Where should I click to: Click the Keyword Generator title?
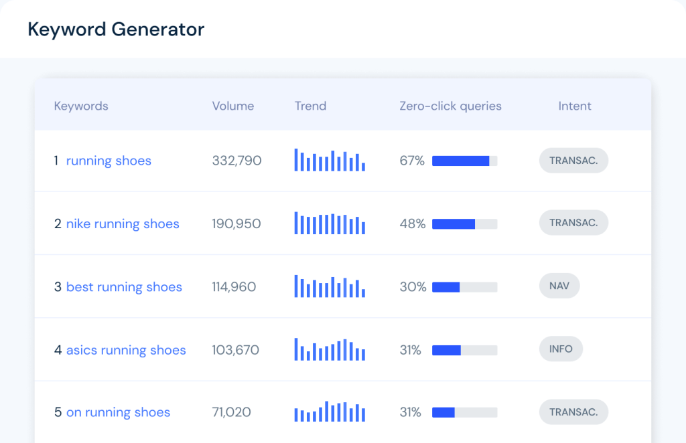pyautogui.click(x=116, y=29)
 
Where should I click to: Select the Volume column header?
pyautogui.click(x=233, y=106)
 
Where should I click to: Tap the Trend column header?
pyautogui.click(x=310, y=106)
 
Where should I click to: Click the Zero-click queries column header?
pyautogui.click(x=450, y=106)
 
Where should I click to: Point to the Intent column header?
pyautogui.click(x=575, y=106)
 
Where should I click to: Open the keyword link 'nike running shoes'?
pyautogui.click(x=123, y=224)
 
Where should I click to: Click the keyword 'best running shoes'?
pyautogui.click(x=124, y=287)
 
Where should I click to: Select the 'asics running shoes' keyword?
pyautogui.click(x=126, y=350)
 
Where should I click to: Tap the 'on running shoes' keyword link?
pyautogui.click(x=118, y=412)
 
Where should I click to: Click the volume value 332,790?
pyautogui.click(x=236, y=161)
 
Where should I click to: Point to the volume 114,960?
pyautogui.click(x=234, y=287)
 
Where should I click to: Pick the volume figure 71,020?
pyautogui.click(x=231, y=412)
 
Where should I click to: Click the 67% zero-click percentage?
pyautogui.click(x=412, y=161)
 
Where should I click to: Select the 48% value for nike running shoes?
pyautogui.click(x=412, y=224)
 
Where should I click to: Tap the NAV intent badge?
pyautogui.click(x=559, y=286)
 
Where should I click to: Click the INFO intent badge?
pyautogui.click(x=561, y=349)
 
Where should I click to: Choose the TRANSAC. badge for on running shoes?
pyautogui.click(x=573, y=412)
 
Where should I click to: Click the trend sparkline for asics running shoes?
pyautogui.click(x=330, y=349)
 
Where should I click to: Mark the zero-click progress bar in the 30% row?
pyautogui.click(x=464, y=287)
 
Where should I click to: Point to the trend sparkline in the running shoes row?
pyautogui.click(x=330, y=160)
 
